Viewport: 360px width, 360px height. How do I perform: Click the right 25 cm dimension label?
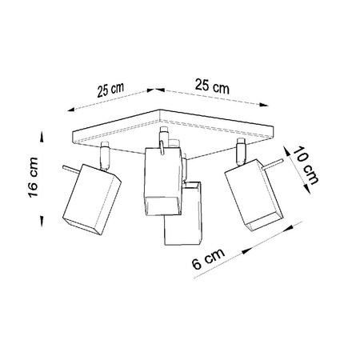pos(209,84)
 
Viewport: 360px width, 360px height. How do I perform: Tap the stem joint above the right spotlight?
pos(238,150)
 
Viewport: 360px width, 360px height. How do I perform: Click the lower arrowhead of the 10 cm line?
pos(308,188)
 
